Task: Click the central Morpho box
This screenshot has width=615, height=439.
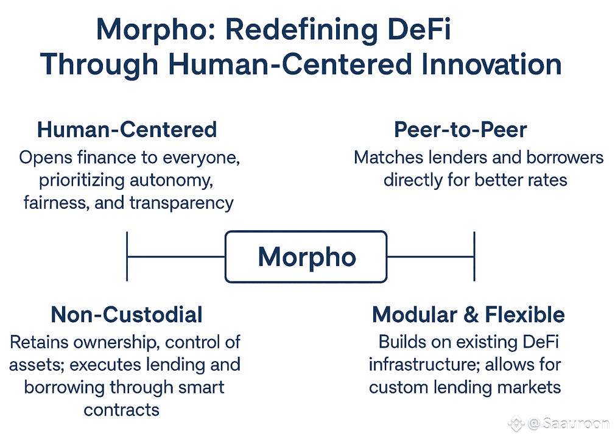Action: [306, 257]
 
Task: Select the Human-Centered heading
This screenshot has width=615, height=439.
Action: [127, 130]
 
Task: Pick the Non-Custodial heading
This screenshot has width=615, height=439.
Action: [127, 314]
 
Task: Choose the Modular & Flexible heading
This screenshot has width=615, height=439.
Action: [468, 314]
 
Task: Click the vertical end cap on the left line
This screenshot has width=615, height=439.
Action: [127, 256]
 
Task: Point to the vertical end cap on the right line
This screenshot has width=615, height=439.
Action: [474, 256]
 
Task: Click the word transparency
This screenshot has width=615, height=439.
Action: [181, 202]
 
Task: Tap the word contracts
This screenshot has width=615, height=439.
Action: [122, 409]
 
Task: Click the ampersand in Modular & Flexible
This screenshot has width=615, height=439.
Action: [469, 315]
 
